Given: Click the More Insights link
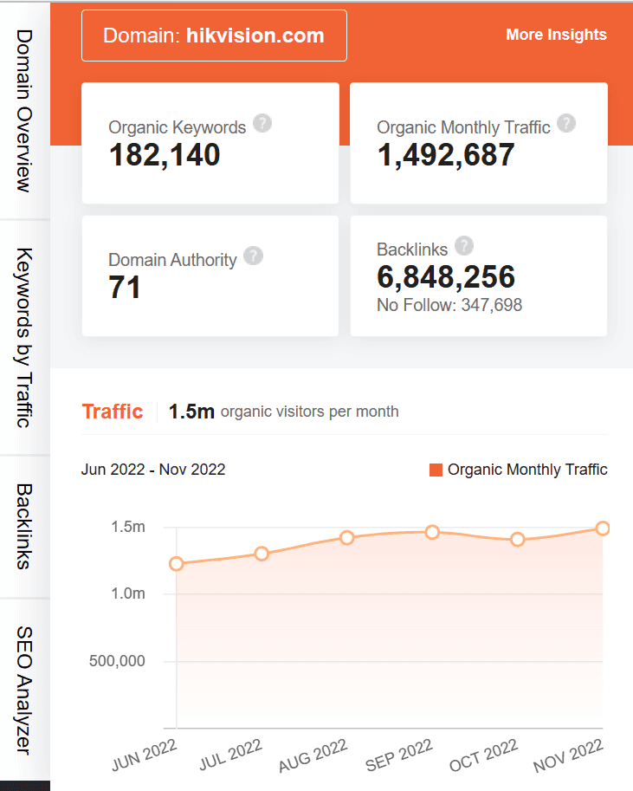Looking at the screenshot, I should pyautogui.click(x=556, y=35).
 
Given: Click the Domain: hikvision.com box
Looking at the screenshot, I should pyautogui.click(x=214, y=36).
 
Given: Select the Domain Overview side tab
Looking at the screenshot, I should pyautogui.click(x=24, y=111).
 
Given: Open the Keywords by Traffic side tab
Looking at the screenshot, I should pyautogui.click(x=24, y=338).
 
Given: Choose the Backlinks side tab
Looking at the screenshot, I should pyautogui.click(x=24, y=527).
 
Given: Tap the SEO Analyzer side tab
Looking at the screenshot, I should pyautogui.click(x=24, y=691).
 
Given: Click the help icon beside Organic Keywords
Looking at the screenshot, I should pyautogui.click(x=262, y=123).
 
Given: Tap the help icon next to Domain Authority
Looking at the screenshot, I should pyautogui.click(x=253, y=256).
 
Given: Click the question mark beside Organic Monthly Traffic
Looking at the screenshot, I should pyautogui.click(x=566, y=123).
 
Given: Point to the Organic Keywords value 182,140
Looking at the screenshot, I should pyautogui.click(x=165, y=155).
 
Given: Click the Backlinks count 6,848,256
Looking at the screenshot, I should pyautogui.click(x=446, y=277).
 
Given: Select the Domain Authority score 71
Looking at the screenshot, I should pyautogui.click(x=125, y=288).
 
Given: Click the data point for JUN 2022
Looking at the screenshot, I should pyautogui.click(x=177, y=564).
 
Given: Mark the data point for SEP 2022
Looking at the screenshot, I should pyautogui.click(x=432, y=532).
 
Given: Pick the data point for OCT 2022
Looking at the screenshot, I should pyautogui.click(x=518, y=539).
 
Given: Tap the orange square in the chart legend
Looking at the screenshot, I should pyautogui.click(x=436, y=470).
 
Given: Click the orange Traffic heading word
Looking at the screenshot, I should pyautogui.click(x=113, y=411).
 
